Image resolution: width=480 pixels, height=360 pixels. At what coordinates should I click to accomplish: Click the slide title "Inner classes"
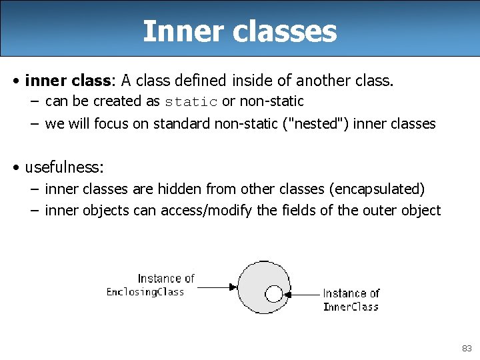[x=239, y=31]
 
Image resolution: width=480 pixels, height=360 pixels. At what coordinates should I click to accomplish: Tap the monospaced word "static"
[x=191, y=102]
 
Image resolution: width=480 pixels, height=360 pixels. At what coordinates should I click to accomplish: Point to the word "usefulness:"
[x=65, y=166]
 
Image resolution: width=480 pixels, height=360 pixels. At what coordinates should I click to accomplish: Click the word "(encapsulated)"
[x=377, y=189]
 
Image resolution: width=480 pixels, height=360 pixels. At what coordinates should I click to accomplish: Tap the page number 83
[x=466, y=348]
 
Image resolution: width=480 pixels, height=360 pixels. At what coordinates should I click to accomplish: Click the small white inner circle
[x=273, y=293]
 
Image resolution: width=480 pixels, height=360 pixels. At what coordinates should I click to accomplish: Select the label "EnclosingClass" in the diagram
[x=145, y=292]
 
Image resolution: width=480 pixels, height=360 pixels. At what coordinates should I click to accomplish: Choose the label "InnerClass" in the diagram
[x=351, y=307]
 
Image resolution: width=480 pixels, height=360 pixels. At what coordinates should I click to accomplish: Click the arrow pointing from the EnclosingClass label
[x=217, y=288]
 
